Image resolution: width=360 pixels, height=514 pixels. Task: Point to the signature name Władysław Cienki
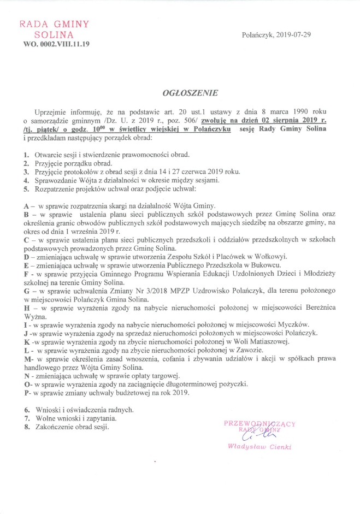coord(259,447)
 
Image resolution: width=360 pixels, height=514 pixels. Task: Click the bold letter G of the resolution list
coord(26,292)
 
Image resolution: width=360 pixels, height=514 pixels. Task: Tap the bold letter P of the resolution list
coord(26,393)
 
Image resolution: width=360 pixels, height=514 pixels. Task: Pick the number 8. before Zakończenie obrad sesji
coord(26,427)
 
